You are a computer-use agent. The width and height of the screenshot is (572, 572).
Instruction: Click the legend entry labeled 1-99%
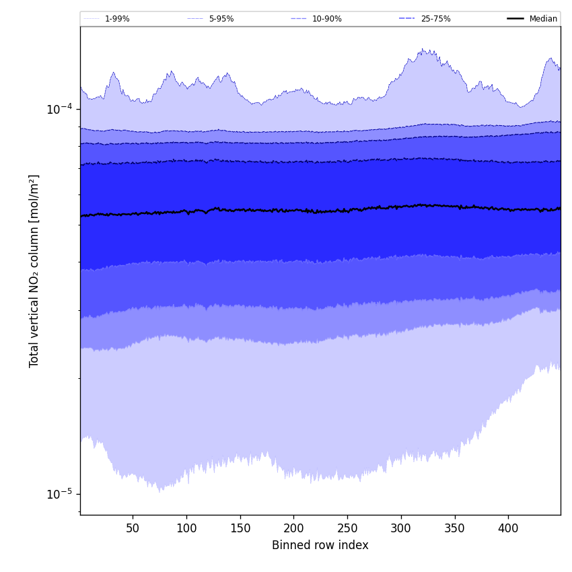tap(116, 19)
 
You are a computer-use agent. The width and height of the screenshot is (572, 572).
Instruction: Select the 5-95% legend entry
tap(221, 19)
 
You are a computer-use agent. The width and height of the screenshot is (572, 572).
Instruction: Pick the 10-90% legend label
tap(326, 19)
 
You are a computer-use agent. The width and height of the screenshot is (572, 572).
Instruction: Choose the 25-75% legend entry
tap(435, 19)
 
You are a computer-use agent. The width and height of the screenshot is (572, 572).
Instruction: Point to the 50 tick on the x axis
tap(133, 528)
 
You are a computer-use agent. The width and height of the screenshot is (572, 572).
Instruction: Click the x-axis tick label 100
tap(186, 528)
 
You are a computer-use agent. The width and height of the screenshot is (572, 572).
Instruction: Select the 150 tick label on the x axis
tap(240, 528)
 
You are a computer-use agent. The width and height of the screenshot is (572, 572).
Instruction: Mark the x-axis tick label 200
tap(293, 528)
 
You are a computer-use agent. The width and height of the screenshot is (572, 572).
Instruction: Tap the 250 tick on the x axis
tap(347, 528)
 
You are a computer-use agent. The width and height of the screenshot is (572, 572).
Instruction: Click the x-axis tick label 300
tap(401, 528)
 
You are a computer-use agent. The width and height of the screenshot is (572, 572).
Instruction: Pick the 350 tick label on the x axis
tap(455, 528)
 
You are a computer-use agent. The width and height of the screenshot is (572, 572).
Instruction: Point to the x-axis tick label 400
tap(508, 528)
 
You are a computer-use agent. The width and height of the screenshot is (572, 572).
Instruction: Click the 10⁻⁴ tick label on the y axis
tap(59, 109)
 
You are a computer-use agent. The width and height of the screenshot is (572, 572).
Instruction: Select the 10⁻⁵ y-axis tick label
tap(59, 494)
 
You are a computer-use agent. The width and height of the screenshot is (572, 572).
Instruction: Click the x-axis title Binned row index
tap(320, 545)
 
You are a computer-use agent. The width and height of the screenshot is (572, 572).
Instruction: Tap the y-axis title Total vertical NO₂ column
tap(34, 271)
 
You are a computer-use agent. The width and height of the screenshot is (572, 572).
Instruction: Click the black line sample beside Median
tap(515, 19)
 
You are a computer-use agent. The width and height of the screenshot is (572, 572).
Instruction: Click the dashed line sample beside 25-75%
tap(407, 19)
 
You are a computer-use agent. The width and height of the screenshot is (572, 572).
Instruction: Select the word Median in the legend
tap(543, 19)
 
